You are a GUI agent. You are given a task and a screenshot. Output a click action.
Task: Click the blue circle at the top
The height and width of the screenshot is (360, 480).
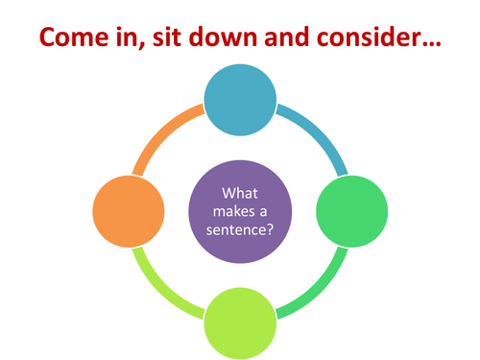241,95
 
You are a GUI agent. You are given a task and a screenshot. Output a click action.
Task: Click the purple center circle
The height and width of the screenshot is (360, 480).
241,208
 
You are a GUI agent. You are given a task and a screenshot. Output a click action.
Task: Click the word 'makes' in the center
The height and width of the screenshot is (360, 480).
228,209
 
